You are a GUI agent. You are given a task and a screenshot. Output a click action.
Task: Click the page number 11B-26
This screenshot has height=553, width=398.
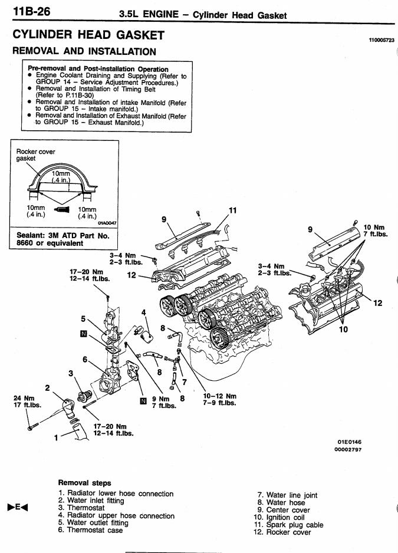coord(32,11)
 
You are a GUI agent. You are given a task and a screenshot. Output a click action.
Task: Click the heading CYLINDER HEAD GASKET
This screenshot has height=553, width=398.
coord(88,35)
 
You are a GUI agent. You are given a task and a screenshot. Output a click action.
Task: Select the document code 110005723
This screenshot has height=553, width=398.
coord(381,40)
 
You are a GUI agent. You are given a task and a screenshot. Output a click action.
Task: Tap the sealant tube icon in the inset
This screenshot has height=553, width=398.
coord(62,210)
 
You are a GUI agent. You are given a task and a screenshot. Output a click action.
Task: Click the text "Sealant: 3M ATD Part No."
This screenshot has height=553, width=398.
coord(63,236)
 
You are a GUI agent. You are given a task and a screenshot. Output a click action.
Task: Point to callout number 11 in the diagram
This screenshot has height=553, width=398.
coord(232,210)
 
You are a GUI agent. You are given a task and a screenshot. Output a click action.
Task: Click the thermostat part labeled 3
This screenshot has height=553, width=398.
coord(85,396)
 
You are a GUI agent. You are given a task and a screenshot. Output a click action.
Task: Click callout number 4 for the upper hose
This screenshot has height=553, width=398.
coord(143,312)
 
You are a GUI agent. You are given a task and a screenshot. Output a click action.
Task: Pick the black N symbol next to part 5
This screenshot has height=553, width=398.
coord(84,334)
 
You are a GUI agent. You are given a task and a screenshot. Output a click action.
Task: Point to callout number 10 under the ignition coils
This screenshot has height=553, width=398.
coord(343,330)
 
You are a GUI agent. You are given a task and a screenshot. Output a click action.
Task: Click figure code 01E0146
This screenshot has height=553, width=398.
coord(349,442)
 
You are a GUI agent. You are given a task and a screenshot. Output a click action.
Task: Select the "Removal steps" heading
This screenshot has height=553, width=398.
coord(85,483)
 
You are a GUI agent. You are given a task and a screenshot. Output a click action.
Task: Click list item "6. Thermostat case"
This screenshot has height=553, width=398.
coord(91,530)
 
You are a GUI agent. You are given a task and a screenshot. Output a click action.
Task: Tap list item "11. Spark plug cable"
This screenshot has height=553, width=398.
coord(288,525)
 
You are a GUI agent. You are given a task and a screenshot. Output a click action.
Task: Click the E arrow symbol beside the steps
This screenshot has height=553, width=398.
coord(17,508)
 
